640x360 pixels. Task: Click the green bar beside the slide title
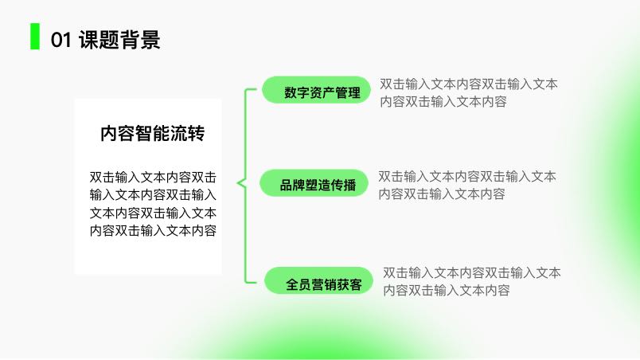coord(35,37)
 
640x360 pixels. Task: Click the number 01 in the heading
coord(61,40)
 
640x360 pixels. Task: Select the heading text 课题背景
coord(119,40)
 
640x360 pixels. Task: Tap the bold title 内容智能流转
coord(153,134)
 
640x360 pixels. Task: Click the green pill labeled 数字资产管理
coord(316,90)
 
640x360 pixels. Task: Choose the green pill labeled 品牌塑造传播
coord(314,183)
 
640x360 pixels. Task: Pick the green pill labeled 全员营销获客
coord(318,281)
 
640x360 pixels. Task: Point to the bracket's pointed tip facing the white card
coord(237,183)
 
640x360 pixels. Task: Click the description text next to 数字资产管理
coord(469,92)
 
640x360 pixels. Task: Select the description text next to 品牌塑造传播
coord(467,186)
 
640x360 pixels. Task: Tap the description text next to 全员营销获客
coord(472,281)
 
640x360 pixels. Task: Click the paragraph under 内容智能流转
coord(153,204)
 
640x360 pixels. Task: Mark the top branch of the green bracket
coord(251,89)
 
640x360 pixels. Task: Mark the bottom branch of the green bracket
coord(251,282)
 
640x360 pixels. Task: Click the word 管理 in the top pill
coord(348,92)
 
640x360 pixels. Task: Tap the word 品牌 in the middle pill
coord(292,186)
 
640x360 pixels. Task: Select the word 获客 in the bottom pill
coord(349,284)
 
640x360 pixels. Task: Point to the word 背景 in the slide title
coord(140,40)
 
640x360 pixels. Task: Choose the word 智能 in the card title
coord(153,134)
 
